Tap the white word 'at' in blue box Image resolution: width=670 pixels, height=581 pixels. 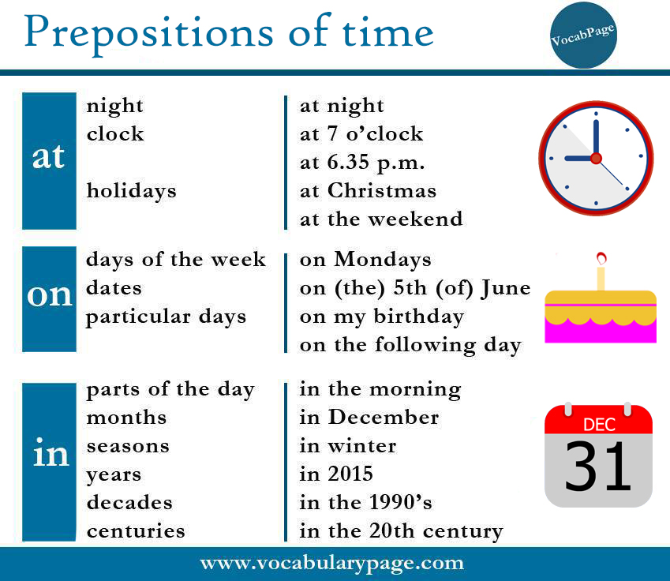point(49,158)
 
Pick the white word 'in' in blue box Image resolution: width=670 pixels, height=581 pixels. point(49,454)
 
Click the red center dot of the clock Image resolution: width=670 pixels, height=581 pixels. point(596,158)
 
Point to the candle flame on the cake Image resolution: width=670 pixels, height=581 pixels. point(601,257)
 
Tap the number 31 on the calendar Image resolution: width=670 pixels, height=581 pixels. point(598,467)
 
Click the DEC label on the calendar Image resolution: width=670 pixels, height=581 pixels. point(599,425)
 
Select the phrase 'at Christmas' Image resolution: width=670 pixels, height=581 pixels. point(368,190)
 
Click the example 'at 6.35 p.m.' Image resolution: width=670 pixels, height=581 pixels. point(362,162)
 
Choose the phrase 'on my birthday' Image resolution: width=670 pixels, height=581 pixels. point(382,317)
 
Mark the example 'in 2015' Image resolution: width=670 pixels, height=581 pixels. point(336,474)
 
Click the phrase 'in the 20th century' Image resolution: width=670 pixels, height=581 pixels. point(401,531)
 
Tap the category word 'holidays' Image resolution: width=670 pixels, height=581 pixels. point(132,190)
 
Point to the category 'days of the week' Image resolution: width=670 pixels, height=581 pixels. point(176,260)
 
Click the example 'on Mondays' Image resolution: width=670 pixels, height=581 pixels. point(365,260)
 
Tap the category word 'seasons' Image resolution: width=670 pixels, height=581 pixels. point(128,446)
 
